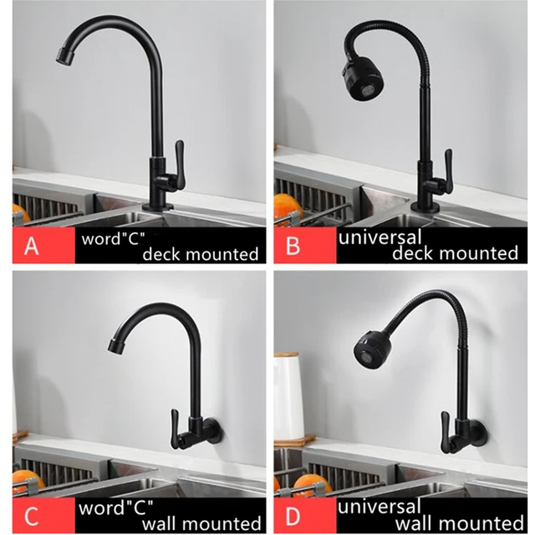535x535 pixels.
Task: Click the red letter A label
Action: pos(33,247)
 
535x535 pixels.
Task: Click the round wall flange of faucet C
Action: pos(213,432)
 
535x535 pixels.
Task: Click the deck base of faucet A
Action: pos(157,204)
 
